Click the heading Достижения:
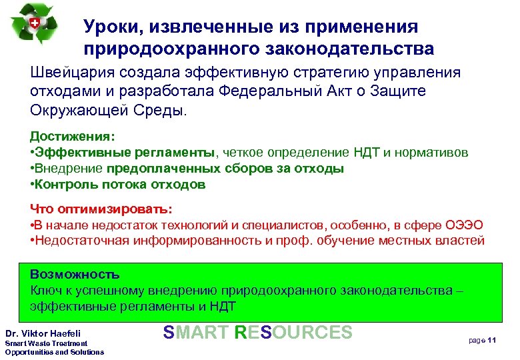click(72, 136)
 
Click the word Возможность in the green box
click(75, 275)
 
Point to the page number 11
click(493, 340)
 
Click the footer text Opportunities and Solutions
click(54, 351)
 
